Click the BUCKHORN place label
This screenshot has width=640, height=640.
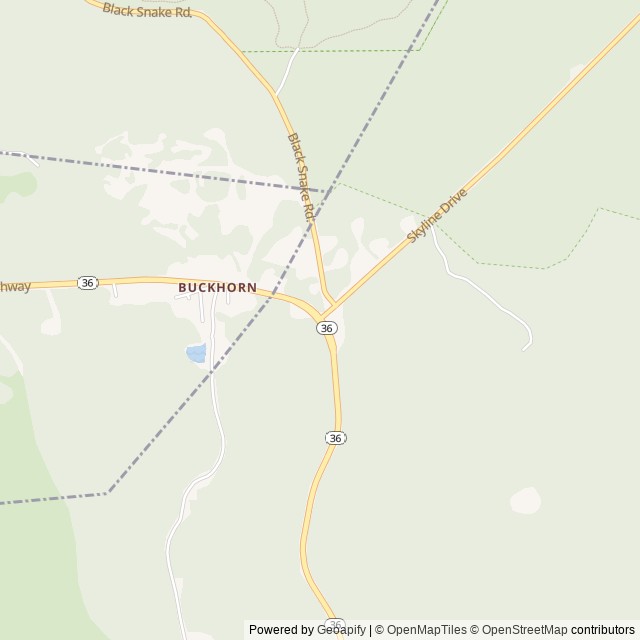[x=217, y=288]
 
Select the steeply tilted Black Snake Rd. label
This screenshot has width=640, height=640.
[x=301, y=177]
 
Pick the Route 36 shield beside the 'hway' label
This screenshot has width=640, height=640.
[x=88, y=283]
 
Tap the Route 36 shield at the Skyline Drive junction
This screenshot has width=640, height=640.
[x=327, y=328]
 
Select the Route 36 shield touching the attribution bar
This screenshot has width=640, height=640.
[x=335, y=624]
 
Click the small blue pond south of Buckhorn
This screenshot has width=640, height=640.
[x=196, y=352]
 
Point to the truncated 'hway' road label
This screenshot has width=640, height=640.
[x=15, y=286]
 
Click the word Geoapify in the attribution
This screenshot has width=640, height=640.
[x=341, y=630]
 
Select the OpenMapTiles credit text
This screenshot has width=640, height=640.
[x=428, y=630]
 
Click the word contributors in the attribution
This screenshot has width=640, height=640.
[x=603, y=630]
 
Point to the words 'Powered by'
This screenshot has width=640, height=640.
[x=281, y=630]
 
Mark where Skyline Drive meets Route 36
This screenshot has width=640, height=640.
[x=324, y=314]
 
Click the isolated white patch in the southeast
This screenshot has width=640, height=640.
[x=525, y=500]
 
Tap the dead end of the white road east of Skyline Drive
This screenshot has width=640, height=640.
[x=525, y=348]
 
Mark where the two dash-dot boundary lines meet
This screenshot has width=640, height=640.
[x=323, y=189]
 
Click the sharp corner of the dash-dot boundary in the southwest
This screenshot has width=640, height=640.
[x=108, y=492]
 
